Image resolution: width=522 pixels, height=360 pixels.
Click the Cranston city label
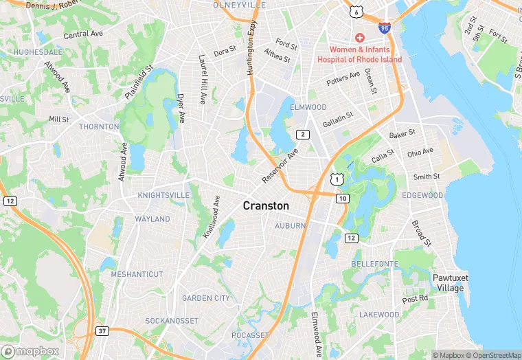tap(266, 205)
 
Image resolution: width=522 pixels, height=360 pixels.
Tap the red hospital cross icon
tap(359, 37)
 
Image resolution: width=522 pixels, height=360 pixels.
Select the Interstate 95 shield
tap(385, 28)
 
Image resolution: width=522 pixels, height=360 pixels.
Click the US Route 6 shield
tap(354, 12)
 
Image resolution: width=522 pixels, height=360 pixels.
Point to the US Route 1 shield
tap(335, 179)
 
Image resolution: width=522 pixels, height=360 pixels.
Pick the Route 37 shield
tap(102, 331)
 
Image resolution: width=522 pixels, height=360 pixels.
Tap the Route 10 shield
tap(342, 199)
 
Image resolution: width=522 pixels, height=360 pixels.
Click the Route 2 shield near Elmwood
tap(303, 134)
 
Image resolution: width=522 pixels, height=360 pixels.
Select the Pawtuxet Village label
tap(449, 282)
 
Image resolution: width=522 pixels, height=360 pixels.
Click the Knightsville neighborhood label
tap(163, 195)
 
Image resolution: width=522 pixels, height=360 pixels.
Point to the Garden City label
tap(206, 298)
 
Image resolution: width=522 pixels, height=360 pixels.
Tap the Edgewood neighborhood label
tap(422, 195)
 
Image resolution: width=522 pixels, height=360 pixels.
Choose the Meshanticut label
tap(137, 274)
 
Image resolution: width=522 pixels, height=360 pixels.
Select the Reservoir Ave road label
tap(280, 166)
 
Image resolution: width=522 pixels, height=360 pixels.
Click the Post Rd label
tap(415, 299)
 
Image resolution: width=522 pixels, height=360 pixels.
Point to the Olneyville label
tap(239, 5)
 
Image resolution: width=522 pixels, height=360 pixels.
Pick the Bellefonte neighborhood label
tap(375, 264)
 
